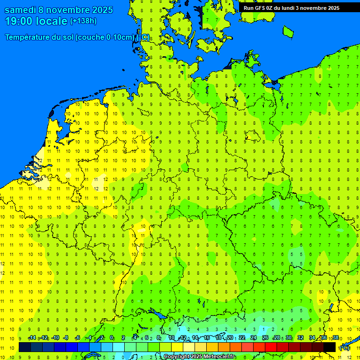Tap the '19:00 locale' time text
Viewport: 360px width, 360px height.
(36, 21)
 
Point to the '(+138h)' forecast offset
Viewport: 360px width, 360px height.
(83, 21)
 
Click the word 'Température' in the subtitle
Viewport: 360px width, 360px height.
(28, 37)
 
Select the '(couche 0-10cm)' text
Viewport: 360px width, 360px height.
(105, 37)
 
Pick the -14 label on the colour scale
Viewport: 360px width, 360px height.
(32, 338)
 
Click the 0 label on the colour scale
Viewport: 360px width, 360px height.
(112, 338)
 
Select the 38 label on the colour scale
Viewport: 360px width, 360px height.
(336, 338)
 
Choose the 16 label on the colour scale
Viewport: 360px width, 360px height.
(207, 338)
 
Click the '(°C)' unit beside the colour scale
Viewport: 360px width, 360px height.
(345, 348)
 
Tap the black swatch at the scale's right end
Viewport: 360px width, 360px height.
(330, 347)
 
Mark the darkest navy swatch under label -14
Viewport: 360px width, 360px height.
(25, 347)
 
